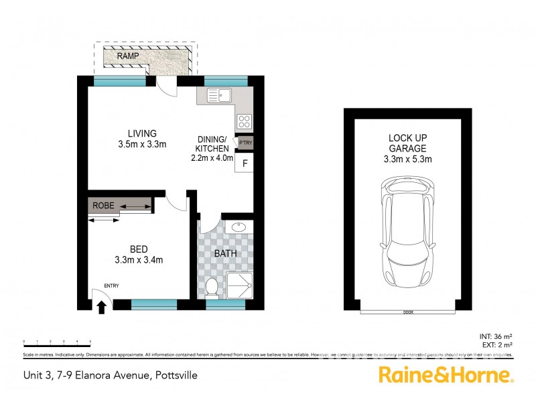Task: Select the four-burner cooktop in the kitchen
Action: click(245, 122)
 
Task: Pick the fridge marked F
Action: click(245, 163)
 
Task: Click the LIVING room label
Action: click(142, 133)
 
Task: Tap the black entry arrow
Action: click(102, 307)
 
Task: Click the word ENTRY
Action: click(111, 286)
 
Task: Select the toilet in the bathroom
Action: click(212, 287)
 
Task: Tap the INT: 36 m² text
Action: click(496, 336)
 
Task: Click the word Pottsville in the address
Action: click(176, 376)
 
